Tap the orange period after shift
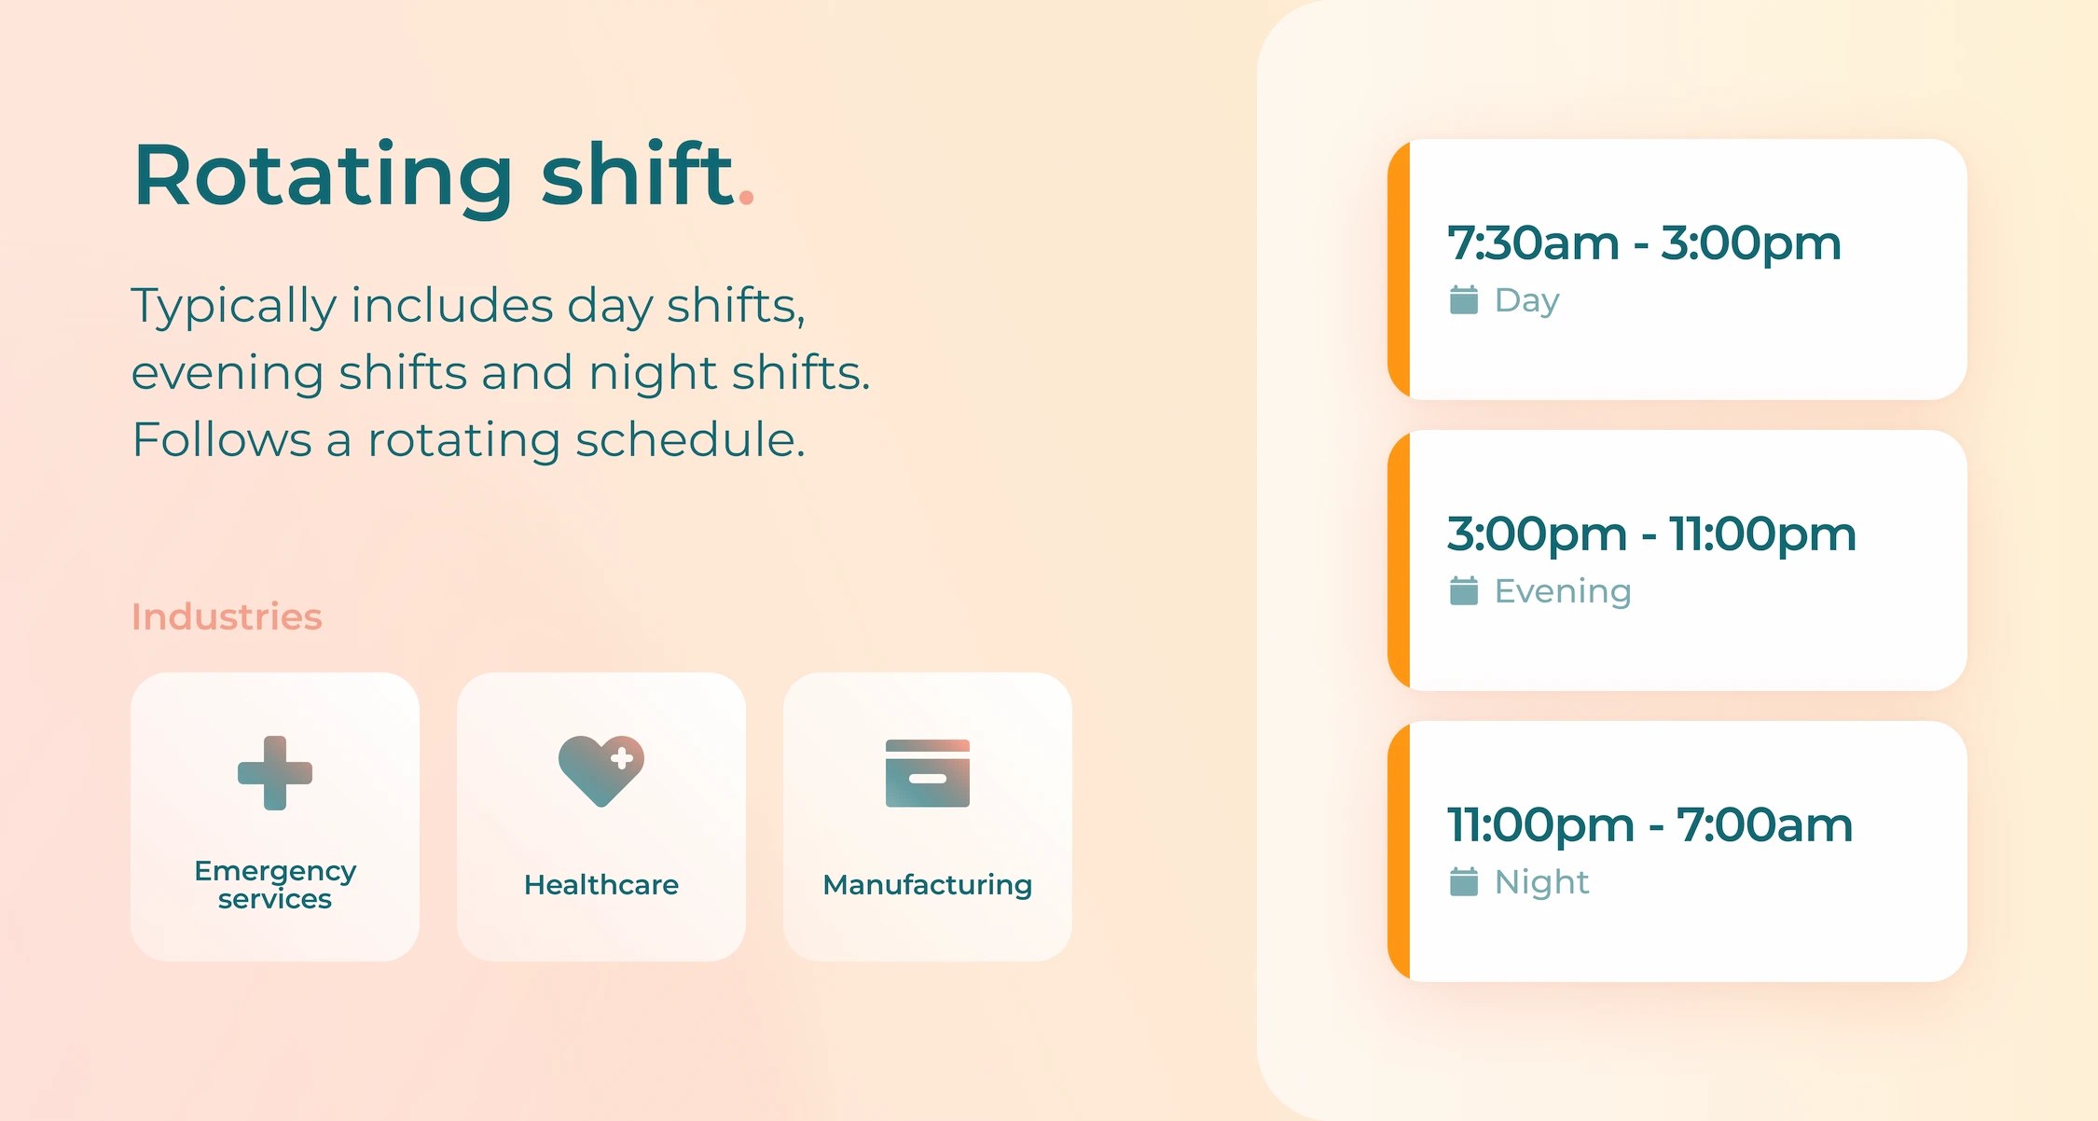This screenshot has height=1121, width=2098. [x=746, y=196]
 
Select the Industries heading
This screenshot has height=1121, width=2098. [x=227, y=616]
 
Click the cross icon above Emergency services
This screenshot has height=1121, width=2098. [x=275, y=773]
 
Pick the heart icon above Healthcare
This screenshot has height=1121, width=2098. [x=601, y=770]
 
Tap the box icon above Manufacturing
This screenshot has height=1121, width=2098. [x=928, y=773]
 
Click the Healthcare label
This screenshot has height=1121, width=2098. [x=601, y=884]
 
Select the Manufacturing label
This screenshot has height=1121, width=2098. [x=928, y=884]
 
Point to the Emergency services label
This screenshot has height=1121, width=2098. [x=275, y=884]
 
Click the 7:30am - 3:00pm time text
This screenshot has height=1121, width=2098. [x=1644, y=243]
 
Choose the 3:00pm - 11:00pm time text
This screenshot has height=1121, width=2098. [x=1651, y=534]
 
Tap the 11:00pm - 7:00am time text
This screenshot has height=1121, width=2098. [x=1649, y=825]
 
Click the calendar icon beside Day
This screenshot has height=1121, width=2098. [x=1464, y=300]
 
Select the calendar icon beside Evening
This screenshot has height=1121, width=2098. [x=1464, y=591]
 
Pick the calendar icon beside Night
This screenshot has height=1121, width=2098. [x=1464, y=882]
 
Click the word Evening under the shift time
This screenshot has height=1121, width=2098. [x=1563, y=591]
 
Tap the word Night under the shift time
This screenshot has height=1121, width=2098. [x=1541, y=882]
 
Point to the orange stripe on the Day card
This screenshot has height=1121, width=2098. [x=1399, y=270]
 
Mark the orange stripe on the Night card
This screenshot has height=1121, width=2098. [x=1399, y=851]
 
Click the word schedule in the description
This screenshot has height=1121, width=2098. [x=690, y=439]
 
